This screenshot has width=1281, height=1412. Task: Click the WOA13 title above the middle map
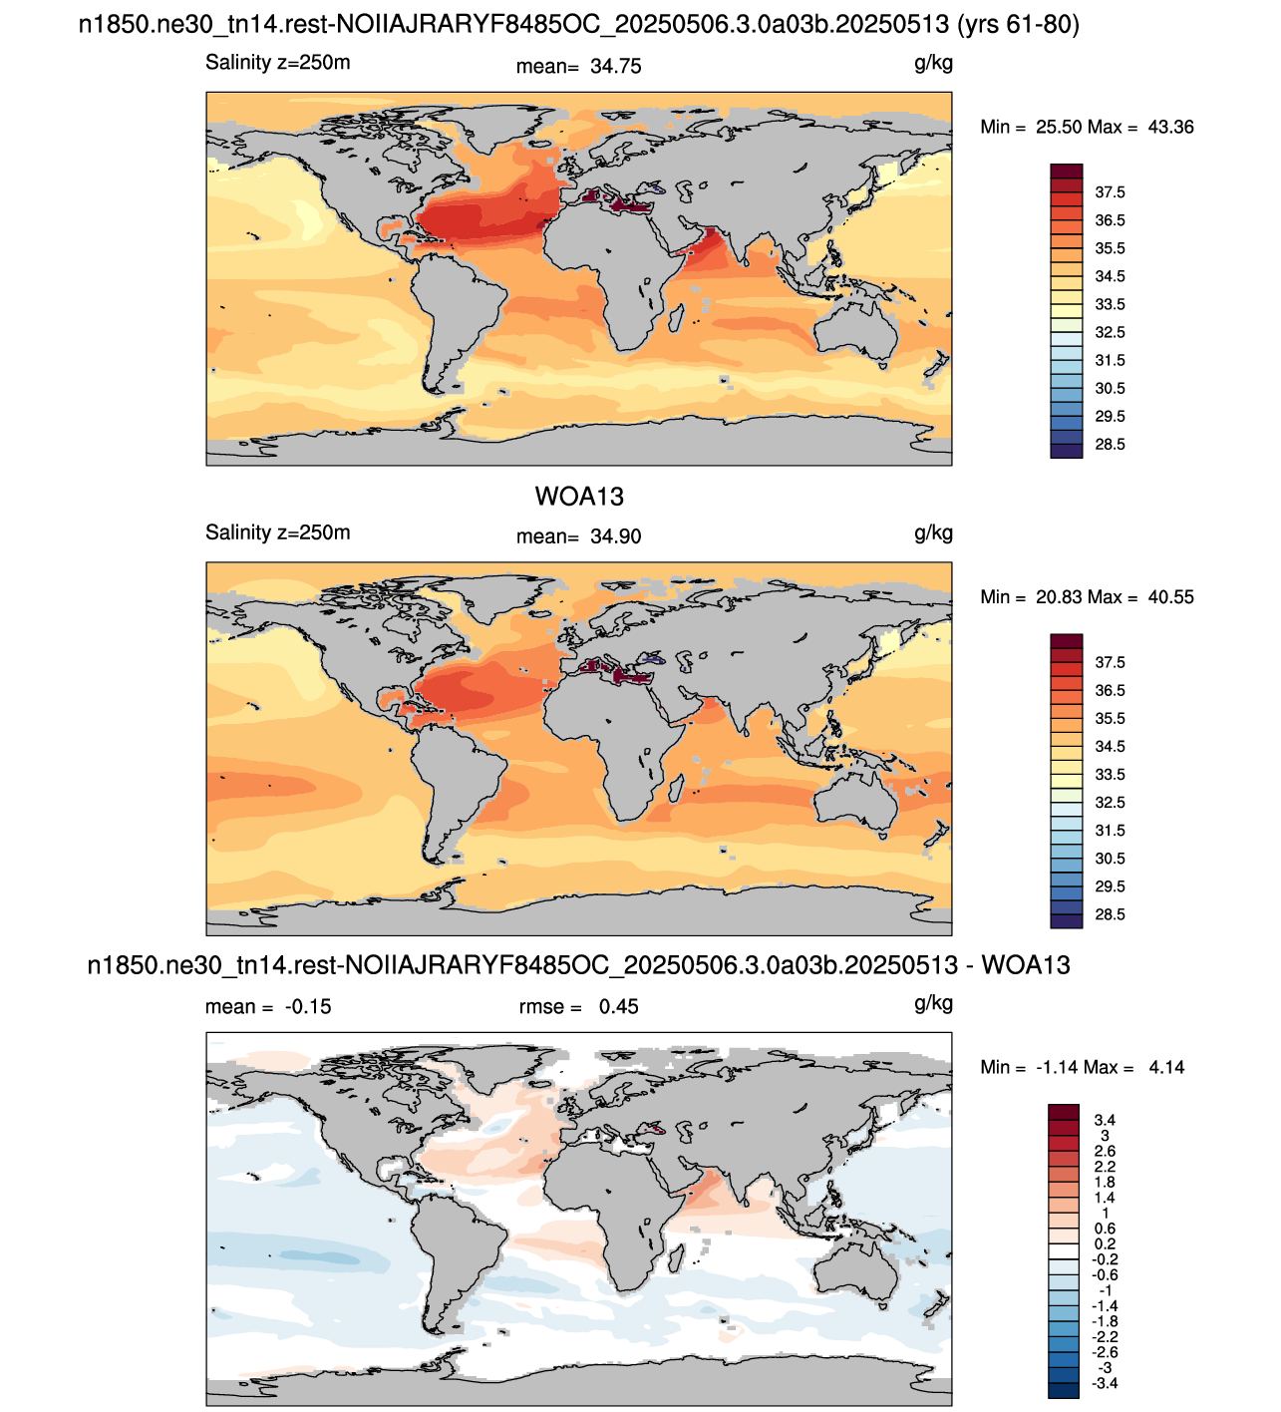pyautogui.click(x=578, y=497)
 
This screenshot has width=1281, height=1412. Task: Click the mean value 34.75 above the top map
pyautogui.click(x=615, y=66)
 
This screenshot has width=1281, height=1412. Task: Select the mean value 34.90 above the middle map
pyautogui.click(x=615, y=536)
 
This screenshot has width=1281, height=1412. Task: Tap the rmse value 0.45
pyautogui.click(x=619, y=1006)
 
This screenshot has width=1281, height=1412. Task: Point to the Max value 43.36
pyautogui.click(x=1170, y=127)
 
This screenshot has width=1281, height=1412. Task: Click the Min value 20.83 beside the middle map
pyautogui.click(x=1059, y=597)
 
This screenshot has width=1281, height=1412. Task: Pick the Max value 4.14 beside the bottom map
pyautogui.click(x=1166, y=1067)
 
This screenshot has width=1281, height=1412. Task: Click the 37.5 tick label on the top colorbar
pyautogui.click(x=1110, y=192)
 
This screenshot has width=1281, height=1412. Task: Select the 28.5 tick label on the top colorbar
pyautogui.click(x=1110, y=444)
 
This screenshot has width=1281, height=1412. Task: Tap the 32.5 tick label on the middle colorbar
pyautogui.click(x=1110, y=803)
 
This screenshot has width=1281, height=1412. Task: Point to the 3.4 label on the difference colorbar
pyautogui.click(x=1105, y=1120)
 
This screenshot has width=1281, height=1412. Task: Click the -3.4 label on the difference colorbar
pyautogui.click(x=1105, y=1383)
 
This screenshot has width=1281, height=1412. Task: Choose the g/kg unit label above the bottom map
pyautogui.click(x=933, y=1003)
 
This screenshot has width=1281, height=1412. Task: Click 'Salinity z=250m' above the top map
pyautogui.click(x=277, y=63)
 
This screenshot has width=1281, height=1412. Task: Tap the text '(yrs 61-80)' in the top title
pyautogui.click(x=1018, y=25)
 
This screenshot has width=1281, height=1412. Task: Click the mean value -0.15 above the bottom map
pyautogui.click(x=308, y=1006)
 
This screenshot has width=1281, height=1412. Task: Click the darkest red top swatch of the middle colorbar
pyautogui.click(x=1067, y=640)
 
